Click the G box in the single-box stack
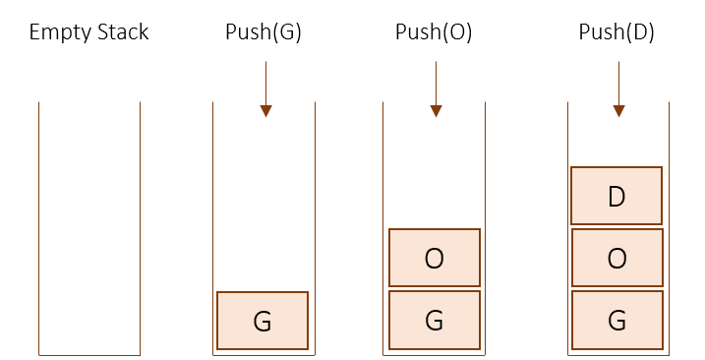(x=263, y=321)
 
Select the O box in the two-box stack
(x=435, y=258)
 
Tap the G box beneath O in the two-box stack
(x=435, y=321)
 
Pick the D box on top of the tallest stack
(x=617, y=196)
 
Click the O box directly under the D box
(x=617, y=258)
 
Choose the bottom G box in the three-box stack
(x=617, y=321)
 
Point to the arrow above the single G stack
(x=265, y=89)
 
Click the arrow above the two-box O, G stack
(x=436, y=89)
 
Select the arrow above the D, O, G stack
(x=618, y=89)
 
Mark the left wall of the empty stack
(x=38, y=226)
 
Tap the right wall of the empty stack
(x=140, y=226)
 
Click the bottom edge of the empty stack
(x=88, y=355)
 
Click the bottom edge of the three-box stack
(x=618, y=355)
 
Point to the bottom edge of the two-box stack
(x=435, y=355)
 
